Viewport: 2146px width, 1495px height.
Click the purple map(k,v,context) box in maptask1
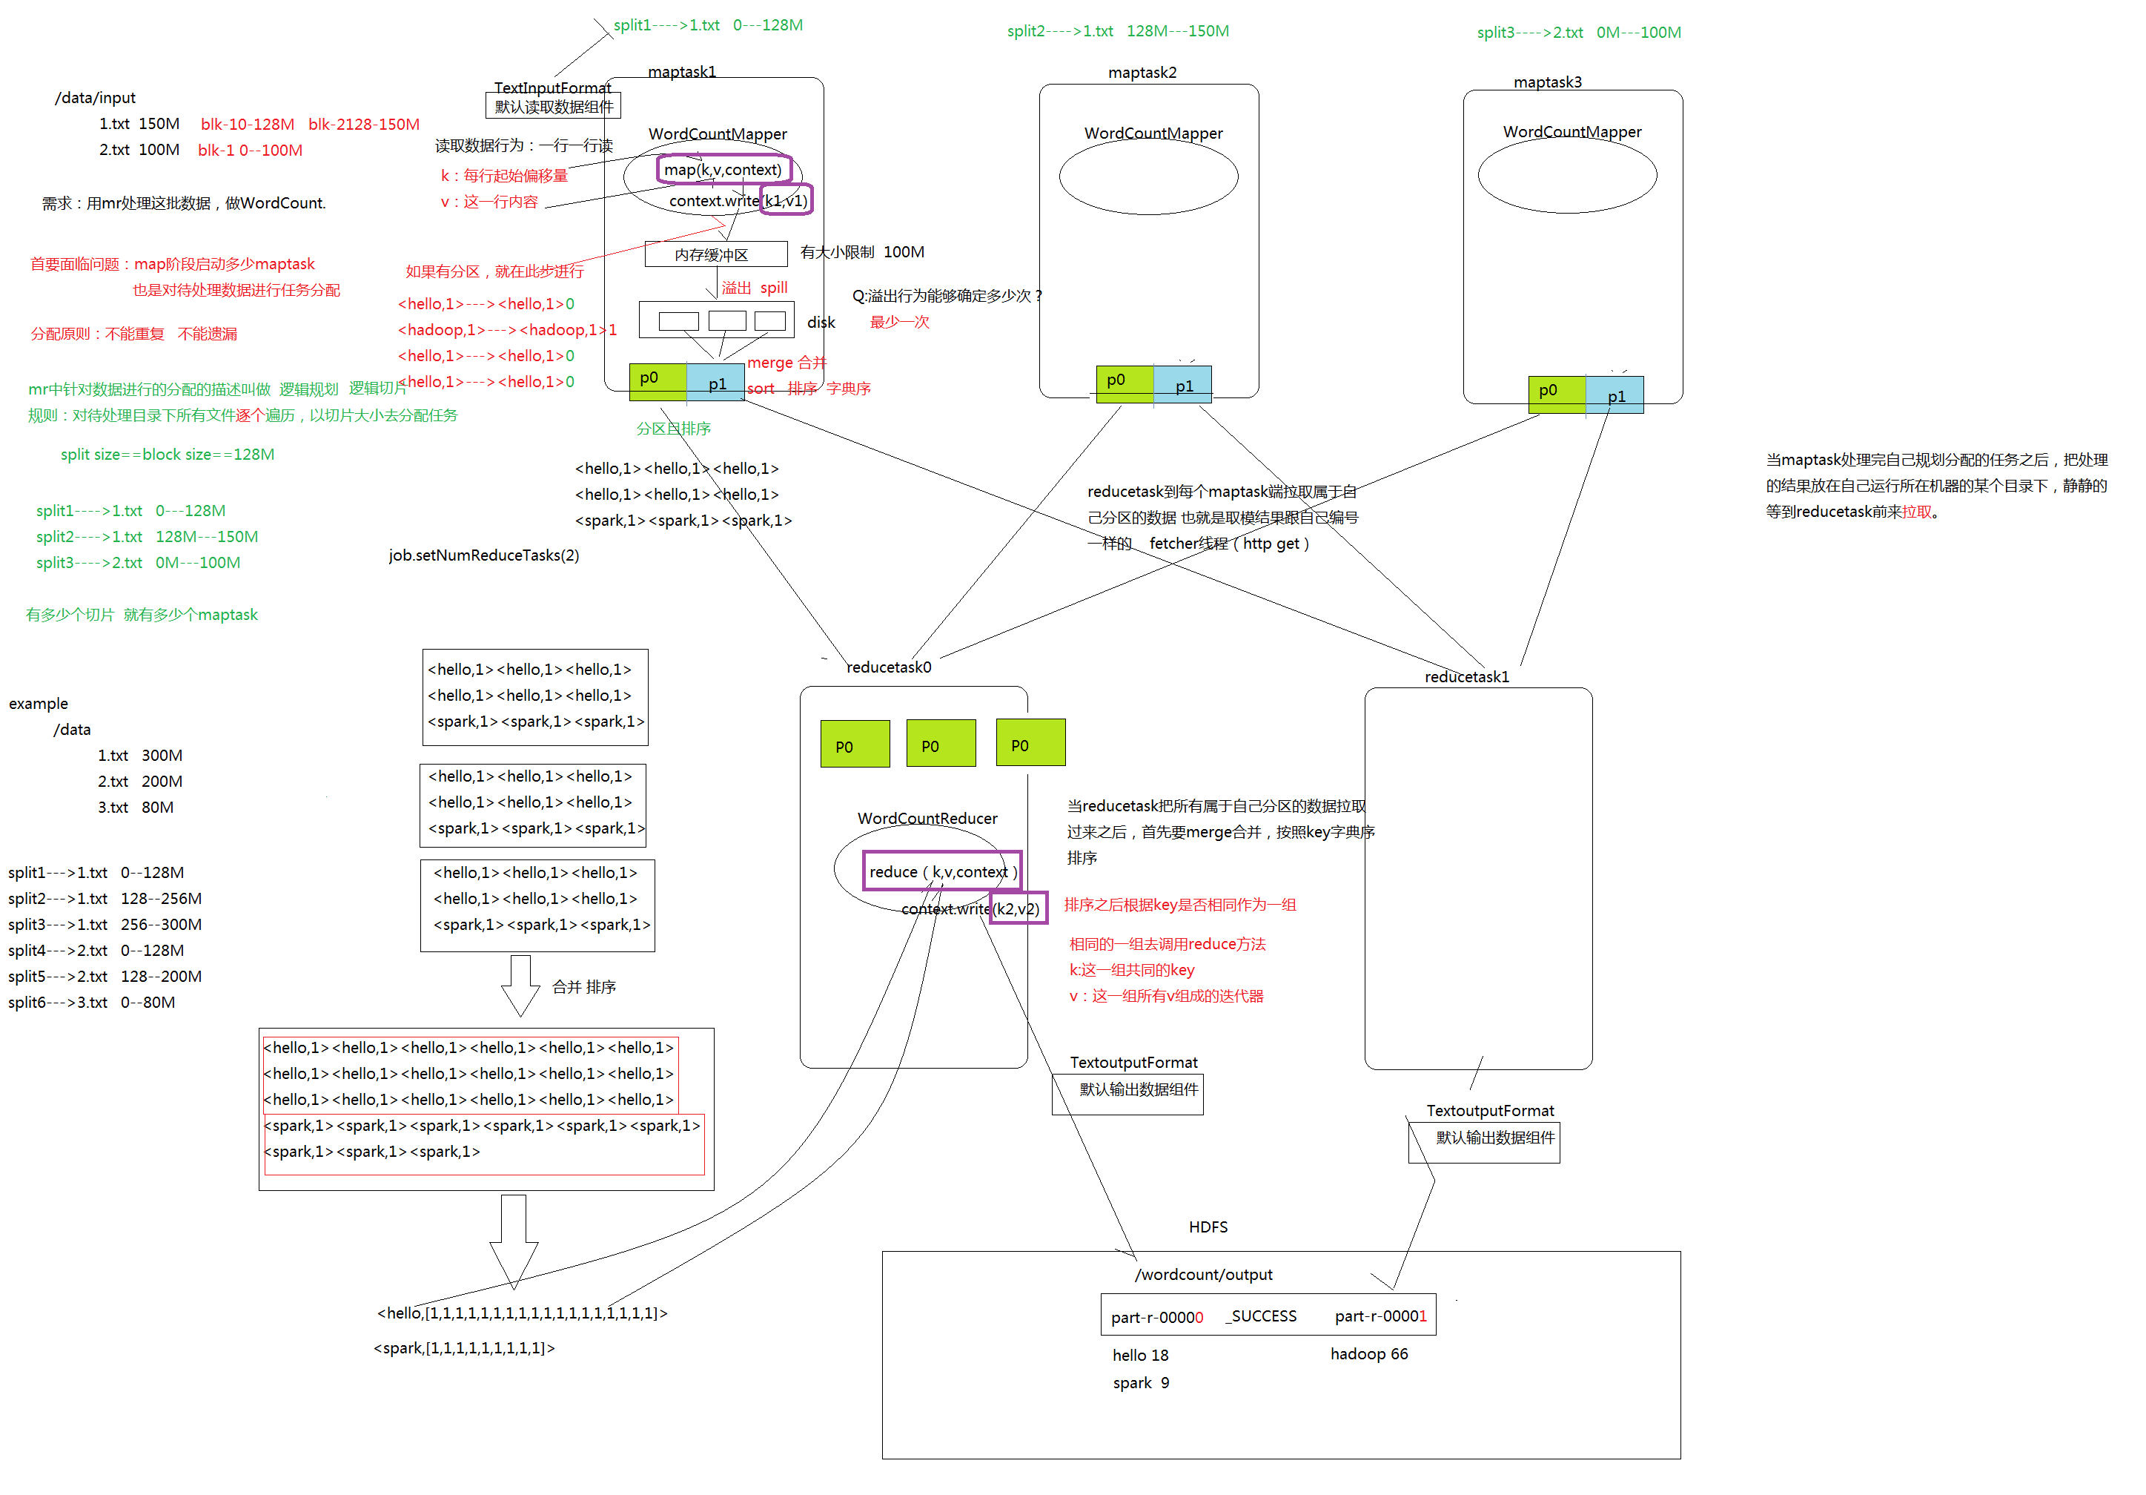(723, 169)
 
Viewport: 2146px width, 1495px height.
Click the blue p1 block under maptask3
(1615, 395)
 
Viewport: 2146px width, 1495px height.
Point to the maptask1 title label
(681, 72)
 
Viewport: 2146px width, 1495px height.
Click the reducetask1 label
(1466, 676)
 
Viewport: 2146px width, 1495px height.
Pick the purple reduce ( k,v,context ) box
(941, 871)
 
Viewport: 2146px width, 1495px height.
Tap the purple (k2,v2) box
(1017, 908)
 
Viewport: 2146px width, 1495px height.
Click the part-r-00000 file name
(1156, 1316)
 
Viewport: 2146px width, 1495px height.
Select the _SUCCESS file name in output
(1261, 1316)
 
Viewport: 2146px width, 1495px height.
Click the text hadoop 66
(1368, 1353)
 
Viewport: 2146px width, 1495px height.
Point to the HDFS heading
(1208, 1226)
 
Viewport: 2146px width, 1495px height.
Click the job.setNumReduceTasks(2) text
(483, 555)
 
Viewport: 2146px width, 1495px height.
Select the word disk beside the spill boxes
(821, 322)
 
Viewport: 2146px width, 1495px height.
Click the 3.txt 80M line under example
(136, 806)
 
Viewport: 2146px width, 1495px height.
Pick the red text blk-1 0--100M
(250, 150)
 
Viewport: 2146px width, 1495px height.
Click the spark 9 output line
(1140, 1382)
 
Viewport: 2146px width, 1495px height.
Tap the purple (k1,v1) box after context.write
(785, 200)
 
